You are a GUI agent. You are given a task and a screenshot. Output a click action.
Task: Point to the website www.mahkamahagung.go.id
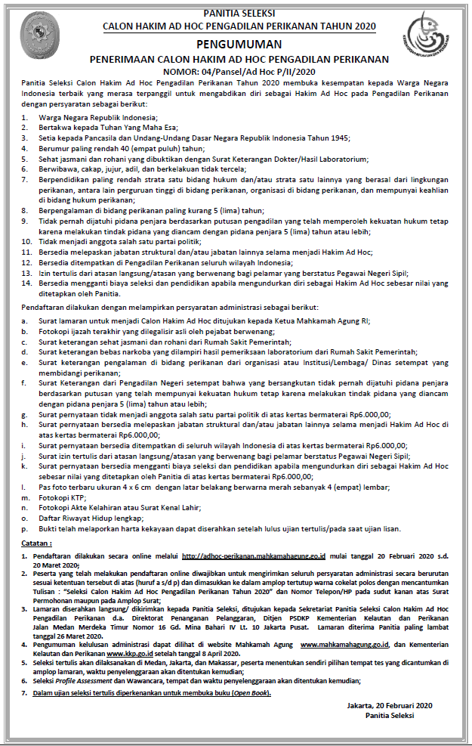point(344,645)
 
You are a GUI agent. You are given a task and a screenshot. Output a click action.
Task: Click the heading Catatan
point(36,543)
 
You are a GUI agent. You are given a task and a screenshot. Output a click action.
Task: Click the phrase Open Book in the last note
point(251,692)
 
